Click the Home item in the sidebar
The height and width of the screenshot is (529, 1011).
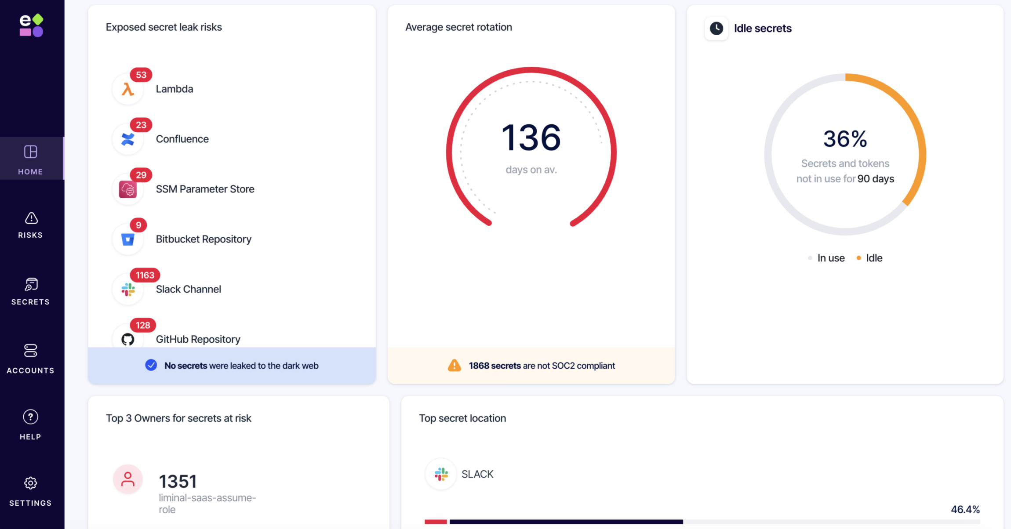point(31,159)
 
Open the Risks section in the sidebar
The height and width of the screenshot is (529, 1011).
point(31,225)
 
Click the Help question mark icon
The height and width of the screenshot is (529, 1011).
point(31,417)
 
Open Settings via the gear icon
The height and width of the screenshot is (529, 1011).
point(31,483)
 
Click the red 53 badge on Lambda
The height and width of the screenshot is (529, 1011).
point(141,75)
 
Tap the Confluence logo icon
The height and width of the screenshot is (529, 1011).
point(128,139)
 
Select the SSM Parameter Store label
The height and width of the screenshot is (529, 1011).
point(205,189)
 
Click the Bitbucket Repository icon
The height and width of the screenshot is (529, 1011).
point(128,239)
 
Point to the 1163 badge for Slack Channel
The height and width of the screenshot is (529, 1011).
point(145,275)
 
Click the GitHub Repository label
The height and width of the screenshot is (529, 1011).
point(198,339)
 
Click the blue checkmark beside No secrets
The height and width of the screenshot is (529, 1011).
point(151,365)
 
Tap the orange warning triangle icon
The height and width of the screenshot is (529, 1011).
point(454,366)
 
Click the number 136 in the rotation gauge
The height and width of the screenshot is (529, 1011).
point(531,138)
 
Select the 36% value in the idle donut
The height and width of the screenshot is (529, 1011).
point(845,139)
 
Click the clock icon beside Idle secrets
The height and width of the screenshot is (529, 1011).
point(716,29)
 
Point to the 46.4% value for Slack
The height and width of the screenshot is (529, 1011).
point(965,510)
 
